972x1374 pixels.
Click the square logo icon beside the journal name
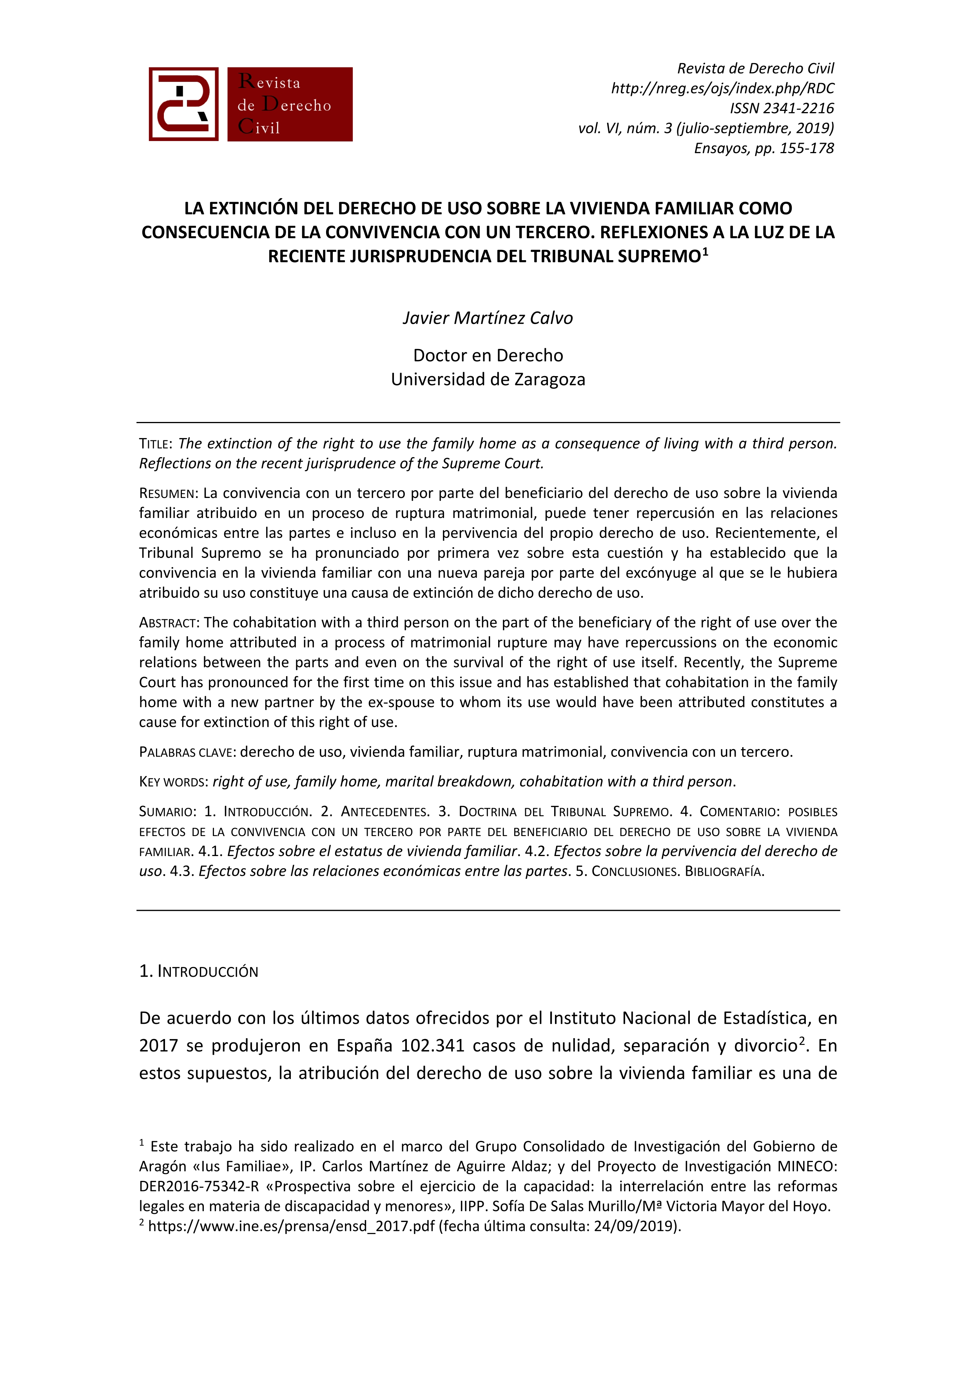click(183, 104)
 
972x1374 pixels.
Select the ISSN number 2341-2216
click(799, 108)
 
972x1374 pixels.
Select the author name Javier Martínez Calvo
click(487, 318)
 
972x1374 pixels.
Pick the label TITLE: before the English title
click(156, 444)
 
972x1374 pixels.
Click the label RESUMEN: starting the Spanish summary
click(168, 494)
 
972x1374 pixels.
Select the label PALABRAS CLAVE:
click(187, 752)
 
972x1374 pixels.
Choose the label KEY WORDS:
click(173, 782)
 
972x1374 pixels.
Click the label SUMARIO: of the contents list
click(167, 812)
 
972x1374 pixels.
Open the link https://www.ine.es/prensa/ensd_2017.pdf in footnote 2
click(291, 1226)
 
